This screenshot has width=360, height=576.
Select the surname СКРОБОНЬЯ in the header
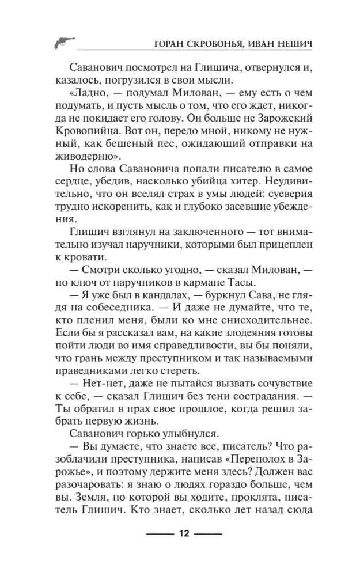[221, 45]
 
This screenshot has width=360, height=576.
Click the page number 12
[184, 533]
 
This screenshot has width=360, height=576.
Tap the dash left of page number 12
[160, 533]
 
